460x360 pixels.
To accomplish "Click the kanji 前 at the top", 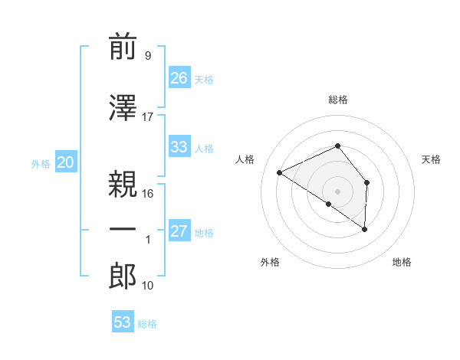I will coord(123,47).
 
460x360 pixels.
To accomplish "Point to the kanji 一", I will coord(123,230).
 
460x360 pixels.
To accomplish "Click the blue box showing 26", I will coord(179,77).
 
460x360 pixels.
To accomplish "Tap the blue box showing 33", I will coord(179,147).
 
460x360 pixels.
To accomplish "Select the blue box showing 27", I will coord(179,231).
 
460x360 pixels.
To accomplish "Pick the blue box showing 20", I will coord(66,162).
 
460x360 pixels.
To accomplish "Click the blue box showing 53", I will coord(123,322).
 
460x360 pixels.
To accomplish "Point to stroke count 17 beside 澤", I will coord(148,116).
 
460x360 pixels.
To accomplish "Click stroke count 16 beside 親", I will coord(148,193).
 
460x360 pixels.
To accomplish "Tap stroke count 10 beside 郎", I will coord(148,285).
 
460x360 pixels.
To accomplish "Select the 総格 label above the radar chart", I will coord(337,100).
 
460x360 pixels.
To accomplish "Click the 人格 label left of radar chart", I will coord(245,159).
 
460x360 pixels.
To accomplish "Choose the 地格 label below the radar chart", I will coord(402,262).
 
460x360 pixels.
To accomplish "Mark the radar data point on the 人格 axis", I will coord(280,172).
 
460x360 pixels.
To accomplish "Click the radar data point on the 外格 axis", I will coord(329,204).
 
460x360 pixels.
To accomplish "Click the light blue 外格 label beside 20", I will coord(40,163).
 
